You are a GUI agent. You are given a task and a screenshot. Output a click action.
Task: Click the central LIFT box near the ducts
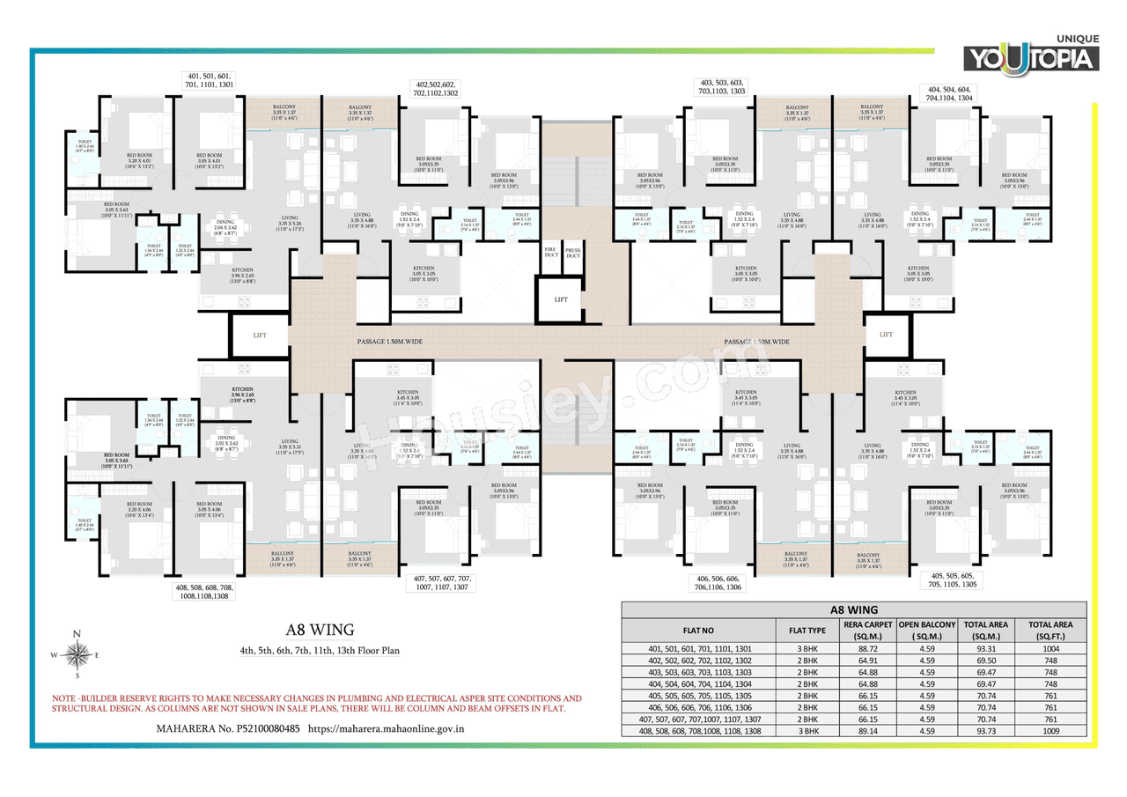point(562,299)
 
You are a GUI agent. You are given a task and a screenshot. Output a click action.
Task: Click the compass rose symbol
point(77,654)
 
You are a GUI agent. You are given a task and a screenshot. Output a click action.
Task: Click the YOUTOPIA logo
point(1032,55)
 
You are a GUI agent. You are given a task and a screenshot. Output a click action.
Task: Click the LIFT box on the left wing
point(260,335)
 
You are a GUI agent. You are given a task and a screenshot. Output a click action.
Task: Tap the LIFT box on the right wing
point(887,335)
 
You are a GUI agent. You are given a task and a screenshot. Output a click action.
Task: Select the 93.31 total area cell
point(987,649)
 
